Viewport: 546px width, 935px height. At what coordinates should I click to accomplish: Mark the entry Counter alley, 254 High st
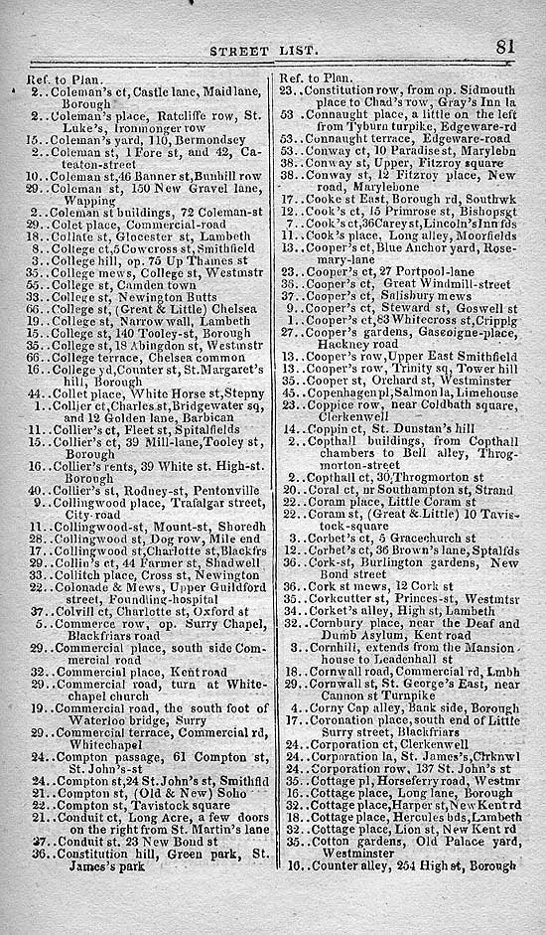pyautogui.click(x=403, y=865)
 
